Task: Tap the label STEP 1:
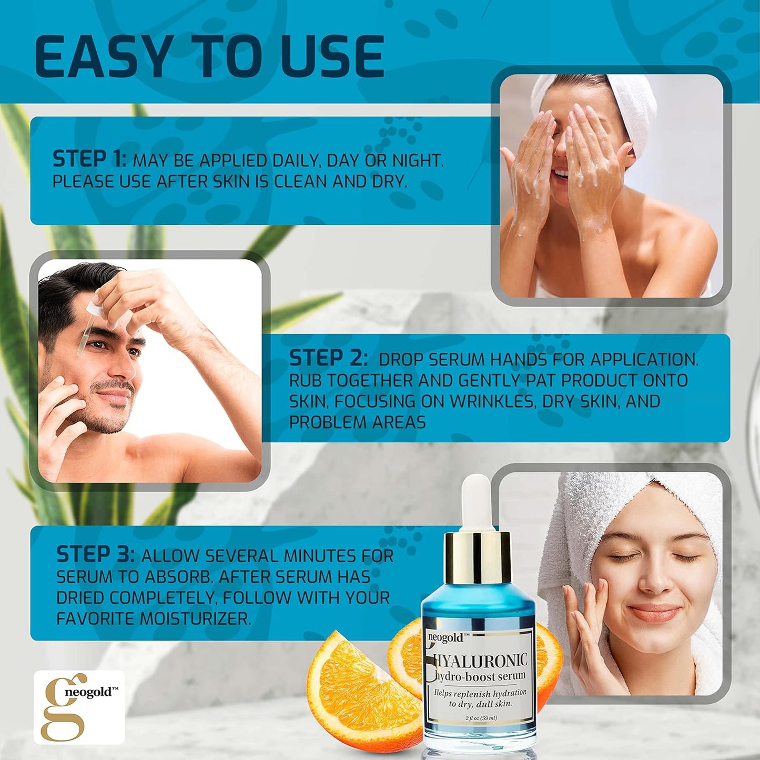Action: click(88, 159)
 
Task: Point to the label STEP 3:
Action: click(95, 554)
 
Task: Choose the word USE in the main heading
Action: click(332, 57)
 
